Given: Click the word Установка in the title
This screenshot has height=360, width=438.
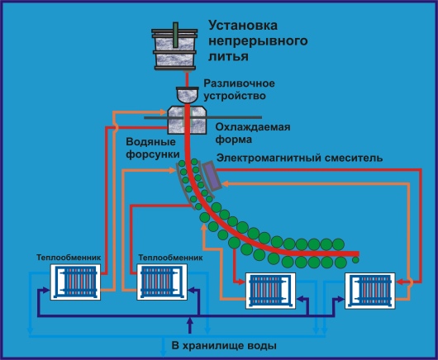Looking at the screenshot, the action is tap(243, 26).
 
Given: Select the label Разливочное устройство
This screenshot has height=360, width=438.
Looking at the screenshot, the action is tap(239, 89).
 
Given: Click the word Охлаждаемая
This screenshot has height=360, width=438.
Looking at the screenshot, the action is tap(253, 127).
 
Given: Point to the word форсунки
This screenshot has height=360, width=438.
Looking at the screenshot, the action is tap(153, 154).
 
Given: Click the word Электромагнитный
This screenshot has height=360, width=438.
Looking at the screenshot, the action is tap(269, 158).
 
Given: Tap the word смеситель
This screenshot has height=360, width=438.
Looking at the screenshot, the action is tap(354, 158).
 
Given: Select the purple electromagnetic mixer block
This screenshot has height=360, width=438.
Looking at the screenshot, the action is tap(212, 176).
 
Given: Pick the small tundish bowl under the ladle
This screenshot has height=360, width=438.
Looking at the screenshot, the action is tap(187, 95).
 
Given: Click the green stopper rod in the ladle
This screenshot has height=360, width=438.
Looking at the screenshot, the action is tap(175, 36).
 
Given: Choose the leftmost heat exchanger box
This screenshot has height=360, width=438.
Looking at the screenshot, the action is tap(75, 282).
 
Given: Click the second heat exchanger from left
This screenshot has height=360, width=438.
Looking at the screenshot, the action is tap(162, 282).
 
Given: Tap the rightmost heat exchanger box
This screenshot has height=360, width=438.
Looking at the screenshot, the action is tap(370, 291).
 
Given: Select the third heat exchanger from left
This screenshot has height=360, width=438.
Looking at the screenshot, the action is tap(270, 291).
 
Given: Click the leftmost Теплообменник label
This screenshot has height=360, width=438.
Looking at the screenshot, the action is tap(69, 258).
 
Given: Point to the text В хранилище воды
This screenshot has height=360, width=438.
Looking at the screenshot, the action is tap(224, 346).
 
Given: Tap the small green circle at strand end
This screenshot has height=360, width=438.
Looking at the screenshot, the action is tap(355, 260).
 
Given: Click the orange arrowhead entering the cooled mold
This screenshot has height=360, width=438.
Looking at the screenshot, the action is tap(163, 112).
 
